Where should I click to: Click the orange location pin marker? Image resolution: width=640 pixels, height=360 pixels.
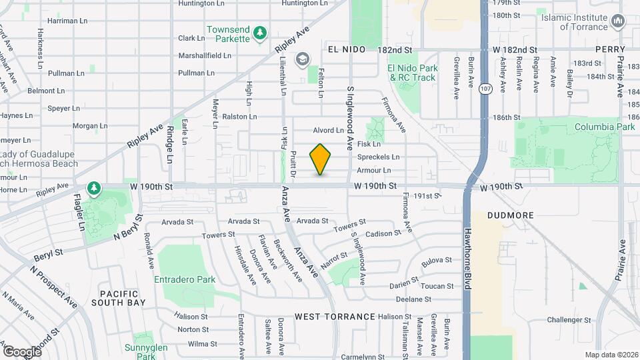(321, 159)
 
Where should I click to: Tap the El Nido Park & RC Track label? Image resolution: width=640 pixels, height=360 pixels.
(413, 73)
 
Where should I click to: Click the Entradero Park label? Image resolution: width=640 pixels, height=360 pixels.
(185, 279)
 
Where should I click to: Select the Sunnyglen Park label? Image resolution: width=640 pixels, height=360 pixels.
(141, 351)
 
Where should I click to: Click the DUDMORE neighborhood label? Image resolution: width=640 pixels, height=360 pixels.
(510, 215)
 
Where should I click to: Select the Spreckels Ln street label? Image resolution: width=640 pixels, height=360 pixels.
(378, 157)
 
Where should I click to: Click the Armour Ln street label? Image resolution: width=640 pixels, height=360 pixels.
(373, 171)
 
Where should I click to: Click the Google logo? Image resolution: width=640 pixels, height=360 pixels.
(22, 351)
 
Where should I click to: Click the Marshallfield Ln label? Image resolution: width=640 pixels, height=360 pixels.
(204, 55)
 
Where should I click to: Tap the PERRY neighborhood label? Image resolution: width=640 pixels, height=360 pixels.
(610, 50)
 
